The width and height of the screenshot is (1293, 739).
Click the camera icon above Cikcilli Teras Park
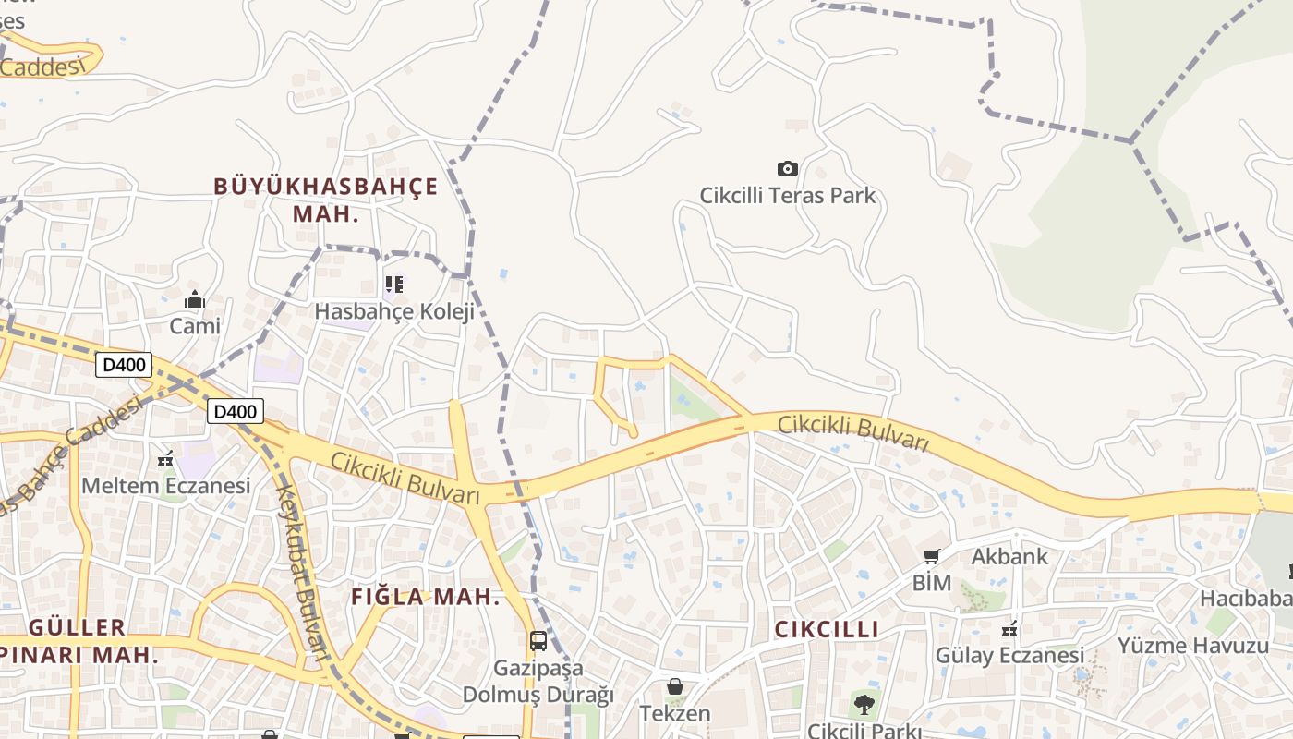(x=787, y=168)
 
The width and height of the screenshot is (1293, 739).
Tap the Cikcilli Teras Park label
(x=787, y=196)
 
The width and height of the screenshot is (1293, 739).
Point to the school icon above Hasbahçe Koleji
(x=394, y=285)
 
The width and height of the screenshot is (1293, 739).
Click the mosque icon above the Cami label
(x=195, y=299)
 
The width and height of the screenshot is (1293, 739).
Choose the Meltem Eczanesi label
(x=166, y=485)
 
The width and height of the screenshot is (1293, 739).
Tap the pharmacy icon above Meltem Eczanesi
(x=166, y=458)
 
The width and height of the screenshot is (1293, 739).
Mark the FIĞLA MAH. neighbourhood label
(x=425, y=597)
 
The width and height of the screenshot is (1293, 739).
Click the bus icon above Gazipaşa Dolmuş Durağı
(x=538, y=640)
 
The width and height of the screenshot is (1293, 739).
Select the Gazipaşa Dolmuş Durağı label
(x=538, y=681)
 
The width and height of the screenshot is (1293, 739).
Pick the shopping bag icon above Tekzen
(x=675, y=687)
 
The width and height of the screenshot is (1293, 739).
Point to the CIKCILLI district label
(x=827, y=629)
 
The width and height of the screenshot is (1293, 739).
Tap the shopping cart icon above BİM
(x=932, y=556)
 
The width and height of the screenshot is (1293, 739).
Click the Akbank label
(x=1009, y=556)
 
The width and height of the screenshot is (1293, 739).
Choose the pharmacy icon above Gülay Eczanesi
(x=1009, y=629)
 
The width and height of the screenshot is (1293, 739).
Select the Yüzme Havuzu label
(x=1193, y=645)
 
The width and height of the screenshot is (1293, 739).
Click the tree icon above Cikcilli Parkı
(x=864, y=705)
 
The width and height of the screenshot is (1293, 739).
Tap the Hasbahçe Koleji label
(x=394, y=311)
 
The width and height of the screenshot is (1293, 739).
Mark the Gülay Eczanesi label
(x=1009, y=656)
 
